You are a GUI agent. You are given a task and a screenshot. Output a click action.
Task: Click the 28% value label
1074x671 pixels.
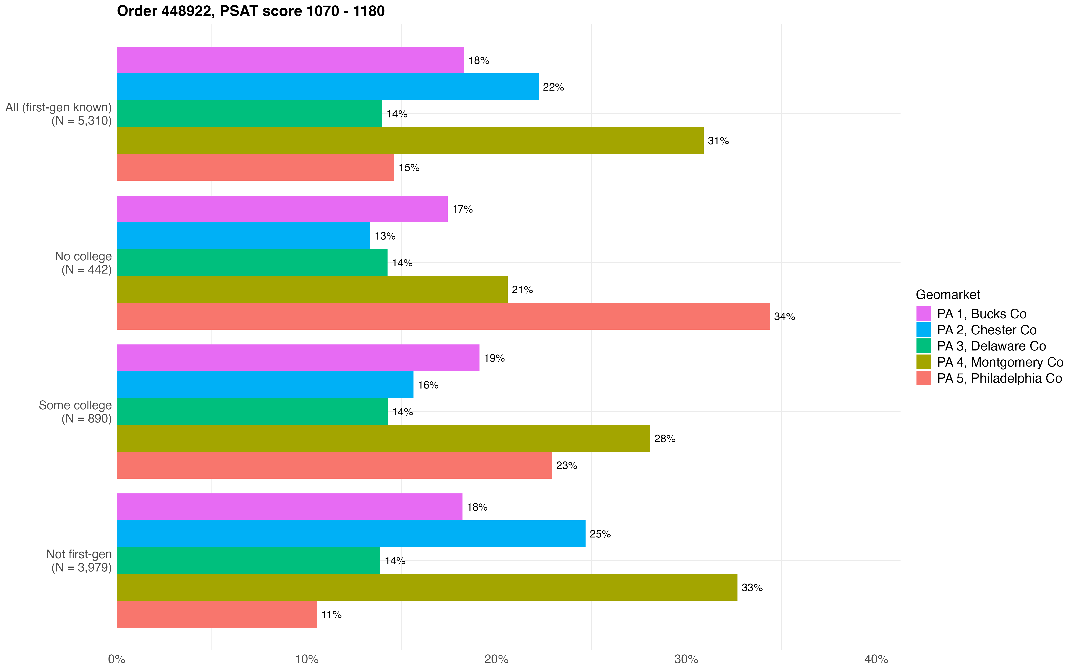664,439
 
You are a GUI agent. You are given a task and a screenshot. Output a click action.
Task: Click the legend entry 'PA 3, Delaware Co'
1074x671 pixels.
991,346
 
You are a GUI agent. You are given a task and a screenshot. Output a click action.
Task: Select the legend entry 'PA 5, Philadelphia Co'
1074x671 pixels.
999,378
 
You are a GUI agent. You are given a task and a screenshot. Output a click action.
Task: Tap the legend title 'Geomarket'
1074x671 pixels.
948,295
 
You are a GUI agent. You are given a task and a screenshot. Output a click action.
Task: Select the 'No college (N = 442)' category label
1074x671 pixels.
83,263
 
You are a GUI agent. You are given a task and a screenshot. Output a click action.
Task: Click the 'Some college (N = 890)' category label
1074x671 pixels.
75,412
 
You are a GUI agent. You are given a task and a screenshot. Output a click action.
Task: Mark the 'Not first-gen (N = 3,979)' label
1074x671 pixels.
79,561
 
